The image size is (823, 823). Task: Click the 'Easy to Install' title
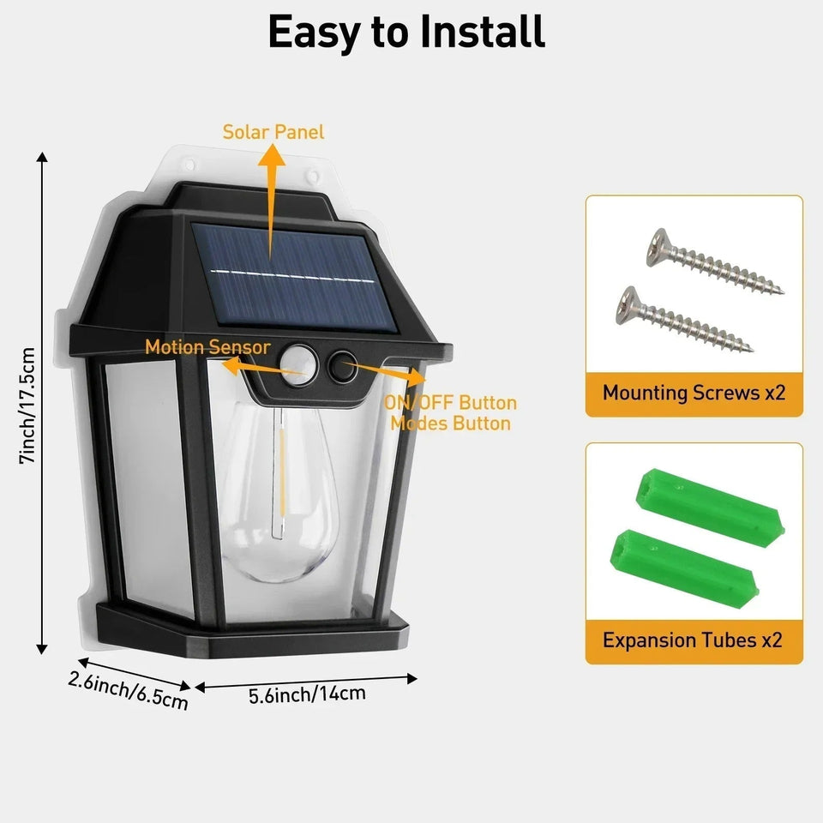click(406, 33)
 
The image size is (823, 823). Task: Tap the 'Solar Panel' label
click(273, 132)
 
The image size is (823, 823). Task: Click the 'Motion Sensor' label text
click(207, 347)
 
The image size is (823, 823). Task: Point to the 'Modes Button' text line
click(451, 423)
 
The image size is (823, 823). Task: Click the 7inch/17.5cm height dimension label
click(28, 406)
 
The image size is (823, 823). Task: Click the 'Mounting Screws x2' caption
click(694, 393)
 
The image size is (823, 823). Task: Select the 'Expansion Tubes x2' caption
click(692, 640)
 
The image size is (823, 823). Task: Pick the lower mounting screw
click(682, 319)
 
